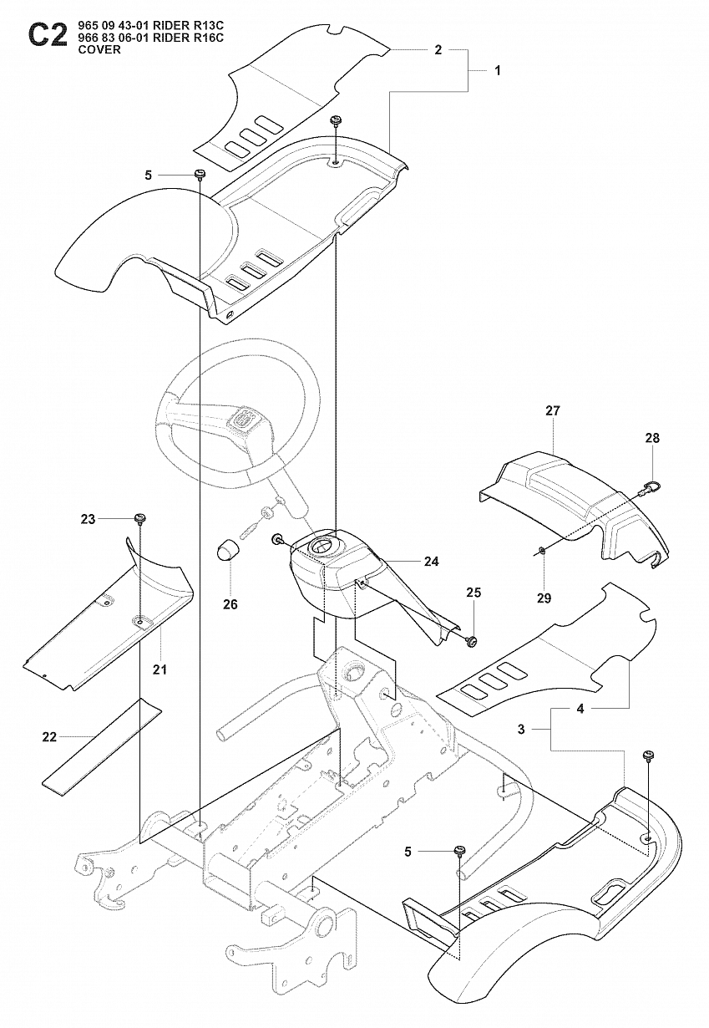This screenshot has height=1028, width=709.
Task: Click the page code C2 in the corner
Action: [46, 36]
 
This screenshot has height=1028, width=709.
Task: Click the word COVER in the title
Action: [98, 50]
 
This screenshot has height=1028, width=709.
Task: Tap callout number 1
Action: [498, 71]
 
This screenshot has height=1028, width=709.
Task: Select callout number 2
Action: [438, 50]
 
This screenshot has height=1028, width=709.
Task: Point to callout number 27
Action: [553, 411]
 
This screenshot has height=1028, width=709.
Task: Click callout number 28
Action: [652, 438]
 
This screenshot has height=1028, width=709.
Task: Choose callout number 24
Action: [431, 562]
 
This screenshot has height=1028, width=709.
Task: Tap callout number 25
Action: [474, 593]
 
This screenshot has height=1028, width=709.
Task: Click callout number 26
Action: [230, 603]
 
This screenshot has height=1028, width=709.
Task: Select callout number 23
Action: [89, 519]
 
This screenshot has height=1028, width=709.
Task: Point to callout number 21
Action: [160, 670]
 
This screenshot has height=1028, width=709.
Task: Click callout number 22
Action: [49, 736]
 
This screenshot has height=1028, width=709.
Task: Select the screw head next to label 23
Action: [139, 519]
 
